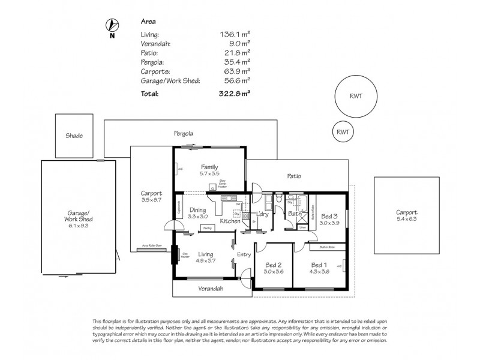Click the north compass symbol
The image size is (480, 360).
tap(112, 26)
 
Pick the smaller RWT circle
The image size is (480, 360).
tap(343, 131)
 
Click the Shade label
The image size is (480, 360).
tap(74, 136)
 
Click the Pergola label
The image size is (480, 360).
tap(184, 133)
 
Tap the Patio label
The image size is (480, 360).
tap(294, 176)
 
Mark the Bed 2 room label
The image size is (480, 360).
tap(273, 264)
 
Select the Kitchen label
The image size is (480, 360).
tap(230, 222)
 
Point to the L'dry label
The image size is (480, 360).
tap(262, 214)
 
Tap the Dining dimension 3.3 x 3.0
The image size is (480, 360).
tap(197, 216)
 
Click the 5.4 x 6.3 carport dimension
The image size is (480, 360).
tap(406, 220)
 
